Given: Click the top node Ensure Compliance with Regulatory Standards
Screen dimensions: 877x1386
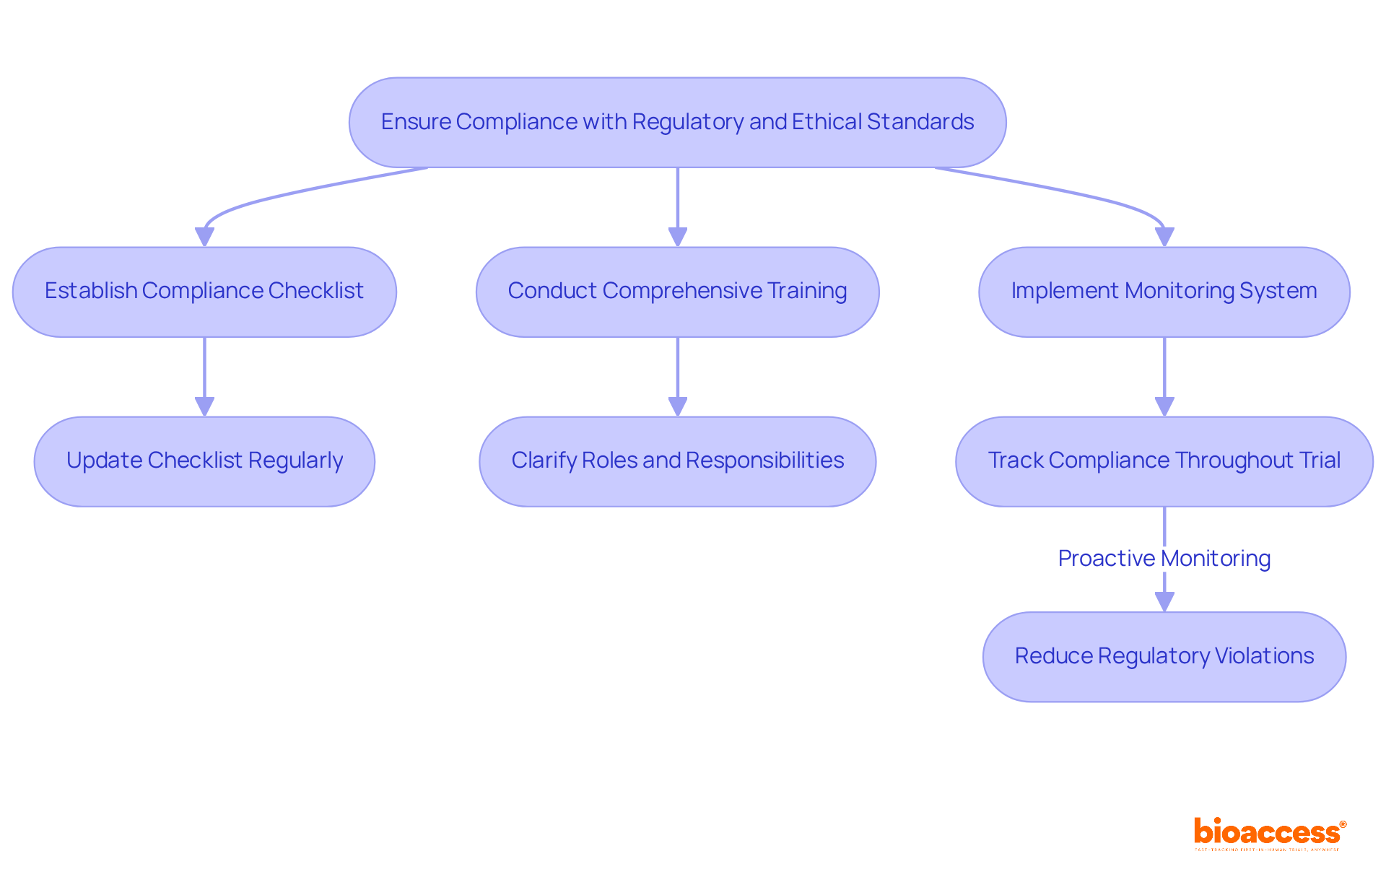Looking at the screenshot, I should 677,123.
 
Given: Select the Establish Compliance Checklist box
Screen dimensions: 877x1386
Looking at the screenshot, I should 204,292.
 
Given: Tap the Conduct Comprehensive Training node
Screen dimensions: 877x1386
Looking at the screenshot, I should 677,292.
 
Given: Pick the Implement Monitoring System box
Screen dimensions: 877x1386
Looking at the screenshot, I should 1164,292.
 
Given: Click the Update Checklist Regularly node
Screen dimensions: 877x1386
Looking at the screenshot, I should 204,461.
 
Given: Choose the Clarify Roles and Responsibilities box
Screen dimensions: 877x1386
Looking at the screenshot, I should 677,461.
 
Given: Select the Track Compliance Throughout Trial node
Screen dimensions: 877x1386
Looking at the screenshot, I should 1164,461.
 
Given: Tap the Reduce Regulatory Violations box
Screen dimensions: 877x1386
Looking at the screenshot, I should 1164,657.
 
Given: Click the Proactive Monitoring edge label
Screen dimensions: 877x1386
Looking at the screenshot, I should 1164,559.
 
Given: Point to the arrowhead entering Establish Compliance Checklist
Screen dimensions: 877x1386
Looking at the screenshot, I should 204,237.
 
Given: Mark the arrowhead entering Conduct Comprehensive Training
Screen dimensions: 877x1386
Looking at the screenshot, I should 677,237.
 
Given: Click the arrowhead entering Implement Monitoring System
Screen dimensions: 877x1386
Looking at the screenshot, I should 1164,237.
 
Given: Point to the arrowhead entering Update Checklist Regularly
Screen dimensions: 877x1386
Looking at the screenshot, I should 204,406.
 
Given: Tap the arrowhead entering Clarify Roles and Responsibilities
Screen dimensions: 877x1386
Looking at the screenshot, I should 677,406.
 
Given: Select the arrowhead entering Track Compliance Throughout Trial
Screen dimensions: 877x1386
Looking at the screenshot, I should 1164,406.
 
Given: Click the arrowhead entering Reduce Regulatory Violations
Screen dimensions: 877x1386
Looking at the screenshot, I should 1164,602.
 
